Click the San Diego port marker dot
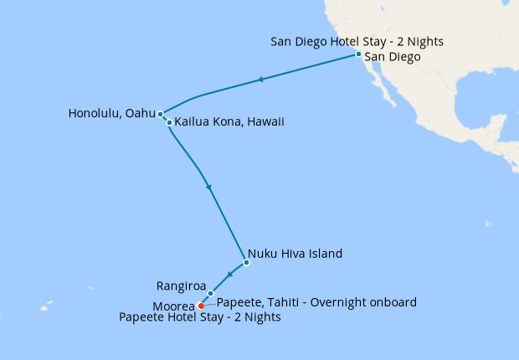coord(358,54)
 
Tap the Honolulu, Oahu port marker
coord(160,114)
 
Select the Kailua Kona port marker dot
coord(169,123)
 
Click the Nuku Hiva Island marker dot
coord(246,263)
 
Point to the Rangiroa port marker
coord(210,293)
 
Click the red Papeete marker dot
coord(201,306)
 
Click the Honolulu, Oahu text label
coord(111,113)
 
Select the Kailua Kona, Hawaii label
coord(229,122)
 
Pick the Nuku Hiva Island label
coord(295,253)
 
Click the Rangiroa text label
coord(182,286)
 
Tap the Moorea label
coord(174,306)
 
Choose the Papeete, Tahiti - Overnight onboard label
coord(316,302)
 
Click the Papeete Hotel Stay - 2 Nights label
coord(200,318)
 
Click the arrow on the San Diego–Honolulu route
coord(261,80)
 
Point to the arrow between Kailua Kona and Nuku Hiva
coord(208,187)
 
